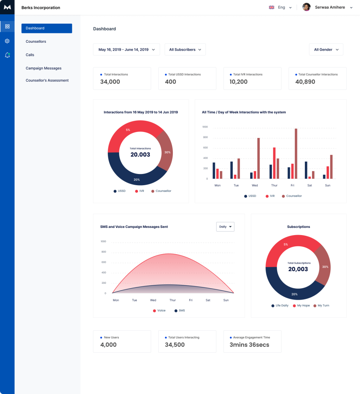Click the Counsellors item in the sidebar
tap(36, 42)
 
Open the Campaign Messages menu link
tap(43, 68)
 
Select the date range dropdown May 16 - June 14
tap(126, 49)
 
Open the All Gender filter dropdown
tap(326, 49)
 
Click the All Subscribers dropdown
tap(185, 49)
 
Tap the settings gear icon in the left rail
tap(7, 41)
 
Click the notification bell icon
tap(7, 55)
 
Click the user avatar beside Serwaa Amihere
tap(306, 7)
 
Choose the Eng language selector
tap(280, 7)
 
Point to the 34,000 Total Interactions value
tap(110, 82)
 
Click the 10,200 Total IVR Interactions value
tap(238, 82)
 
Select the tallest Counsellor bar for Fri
tap(296, 154)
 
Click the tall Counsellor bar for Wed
tap(258, 158)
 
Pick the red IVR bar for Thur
tap(274, 163)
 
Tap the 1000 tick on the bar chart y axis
tap(205, 127)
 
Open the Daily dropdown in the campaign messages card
tap(225, 227)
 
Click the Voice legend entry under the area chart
tap(159, 311)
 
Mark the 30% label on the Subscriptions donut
tap(325, 267)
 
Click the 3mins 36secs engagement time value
tap(249, 345)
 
